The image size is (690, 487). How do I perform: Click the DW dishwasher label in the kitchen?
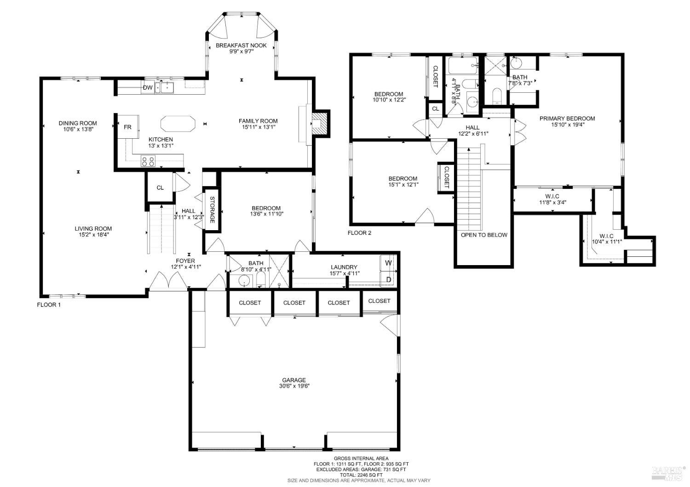point(148,87)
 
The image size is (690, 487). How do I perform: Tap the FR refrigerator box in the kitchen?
point(127,127)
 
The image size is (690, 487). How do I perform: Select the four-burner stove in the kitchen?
point(148,161)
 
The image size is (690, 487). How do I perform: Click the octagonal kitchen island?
point(178,124)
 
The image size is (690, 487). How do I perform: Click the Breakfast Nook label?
point(241,45)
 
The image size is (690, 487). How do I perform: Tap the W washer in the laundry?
point(388,263)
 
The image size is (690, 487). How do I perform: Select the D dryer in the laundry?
point(388,279)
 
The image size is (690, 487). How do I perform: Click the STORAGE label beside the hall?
point(212,210)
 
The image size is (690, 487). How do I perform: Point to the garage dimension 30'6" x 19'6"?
point(294,386)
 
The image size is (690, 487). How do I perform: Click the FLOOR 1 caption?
point(48,305)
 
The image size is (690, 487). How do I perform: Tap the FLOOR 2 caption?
point(359,233)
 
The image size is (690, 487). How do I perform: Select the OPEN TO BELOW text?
point(484,235)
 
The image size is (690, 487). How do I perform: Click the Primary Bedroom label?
point(567,119)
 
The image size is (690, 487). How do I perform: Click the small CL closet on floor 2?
point(435,109)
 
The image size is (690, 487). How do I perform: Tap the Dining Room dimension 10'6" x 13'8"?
point(78,130)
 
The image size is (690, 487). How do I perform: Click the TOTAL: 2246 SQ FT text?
point(361,475)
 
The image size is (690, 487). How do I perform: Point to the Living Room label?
point(93,228)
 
